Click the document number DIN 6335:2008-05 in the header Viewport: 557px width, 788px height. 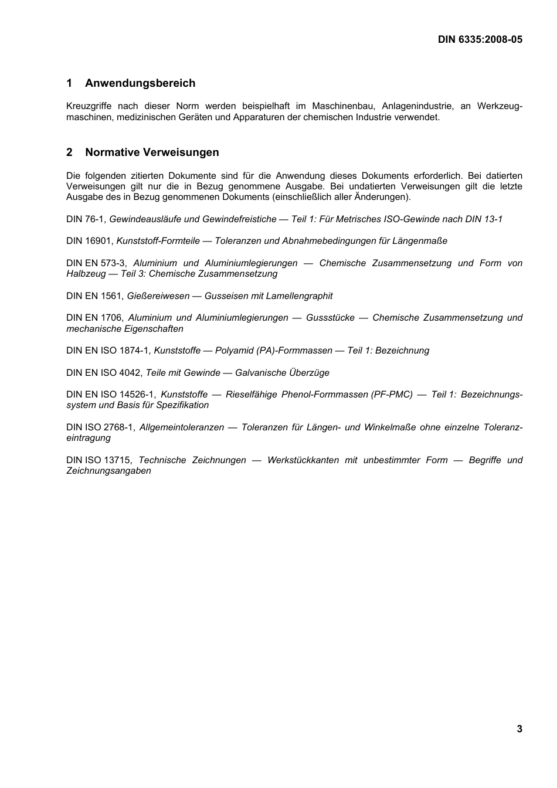click(480, 40)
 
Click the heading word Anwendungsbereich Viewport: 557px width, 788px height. click(140, 83)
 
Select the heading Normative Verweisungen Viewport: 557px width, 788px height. click(152, 152)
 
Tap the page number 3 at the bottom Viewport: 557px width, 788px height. click(519, 729)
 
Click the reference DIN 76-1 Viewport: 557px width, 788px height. click(86, 219)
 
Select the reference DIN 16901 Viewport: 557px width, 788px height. click(90, 241)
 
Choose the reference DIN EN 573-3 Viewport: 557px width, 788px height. click(96, 263)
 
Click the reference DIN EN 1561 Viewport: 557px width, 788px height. click(95, 296)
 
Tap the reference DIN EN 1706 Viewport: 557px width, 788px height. click(94, 318)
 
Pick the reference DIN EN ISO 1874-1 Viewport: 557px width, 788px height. click(108, 351)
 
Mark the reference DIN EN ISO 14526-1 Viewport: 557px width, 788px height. click(111, 395)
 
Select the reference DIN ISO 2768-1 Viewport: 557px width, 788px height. click(101, 427)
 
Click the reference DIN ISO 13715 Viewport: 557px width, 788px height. click(99, 460)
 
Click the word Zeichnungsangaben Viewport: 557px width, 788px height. click(108, 471)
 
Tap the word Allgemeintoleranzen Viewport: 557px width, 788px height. click(182, 427)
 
